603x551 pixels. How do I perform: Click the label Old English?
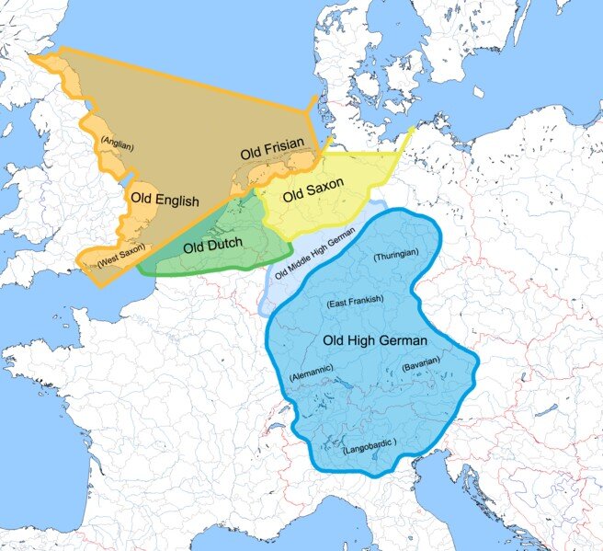[164, 200]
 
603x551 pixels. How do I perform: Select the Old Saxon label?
[313, 190]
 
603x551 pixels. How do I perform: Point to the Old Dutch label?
[212, 246]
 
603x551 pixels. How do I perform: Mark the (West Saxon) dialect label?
[121, 260]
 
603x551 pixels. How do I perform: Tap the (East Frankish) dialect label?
[355, 301]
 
